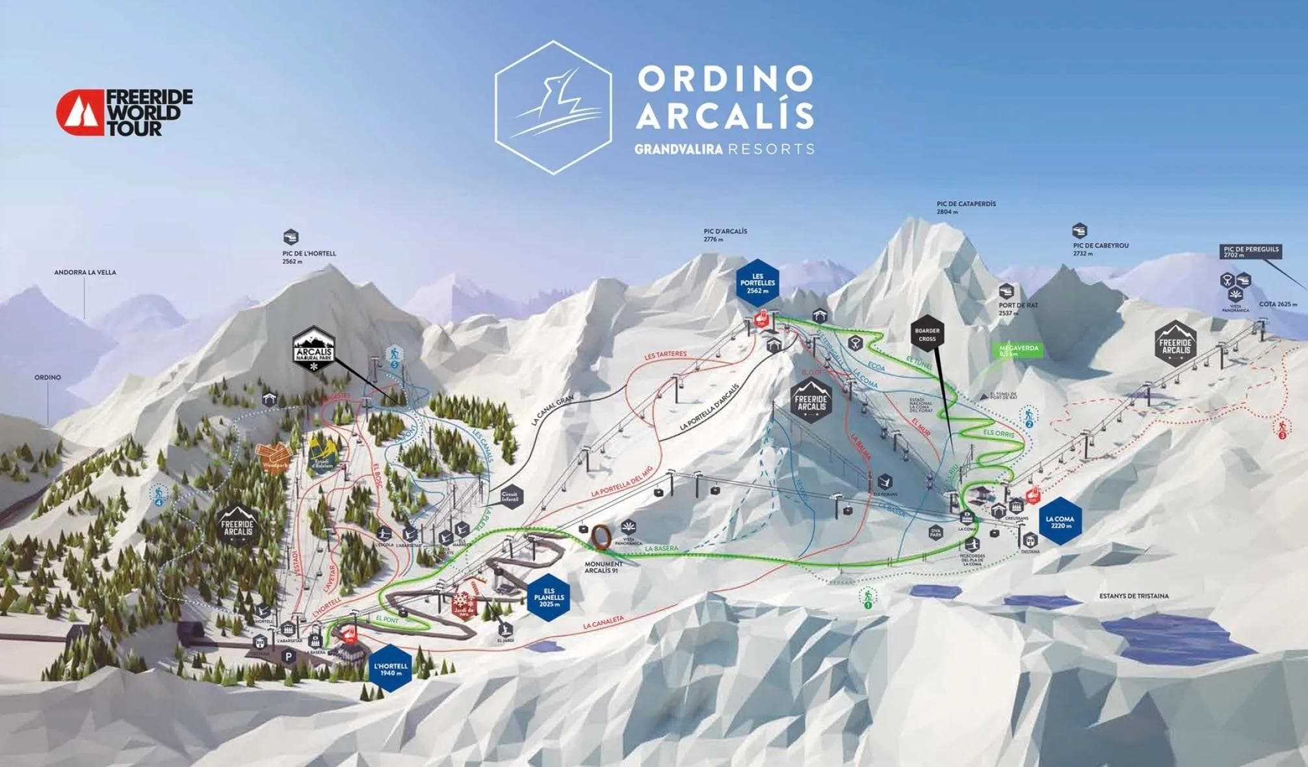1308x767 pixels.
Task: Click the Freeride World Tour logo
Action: tap(124, 112)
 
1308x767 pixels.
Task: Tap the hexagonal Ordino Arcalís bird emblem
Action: tap(553, 108)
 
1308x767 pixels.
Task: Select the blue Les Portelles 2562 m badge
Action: tap(758, 283)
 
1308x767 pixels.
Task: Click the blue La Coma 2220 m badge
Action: tap(1060, 521)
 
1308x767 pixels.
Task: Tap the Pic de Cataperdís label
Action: tap(966, 207)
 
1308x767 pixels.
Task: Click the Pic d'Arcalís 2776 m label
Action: tap(725, 235)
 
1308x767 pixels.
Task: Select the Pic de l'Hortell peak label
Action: tap(309, 257)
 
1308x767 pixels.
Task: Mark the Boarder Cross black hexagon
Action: tap(927, 335)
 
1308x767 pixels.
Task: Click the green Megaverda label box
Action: tap(1019, 350)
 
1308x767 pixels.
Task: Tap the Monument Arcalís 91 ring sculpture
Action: tap(602, 537)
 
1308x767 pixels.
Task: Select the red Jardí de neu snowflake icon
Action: tap(464, 604)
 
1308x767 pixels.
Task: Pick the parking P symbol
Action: tap(289, 656)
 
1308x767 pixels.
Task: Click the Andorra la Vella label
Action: tap(85, 272)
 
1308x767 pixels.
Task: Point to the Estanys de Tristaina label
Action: tap(1134, 595)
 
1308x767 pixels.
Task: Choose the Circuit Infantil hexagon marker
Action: tap(510, 498)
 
